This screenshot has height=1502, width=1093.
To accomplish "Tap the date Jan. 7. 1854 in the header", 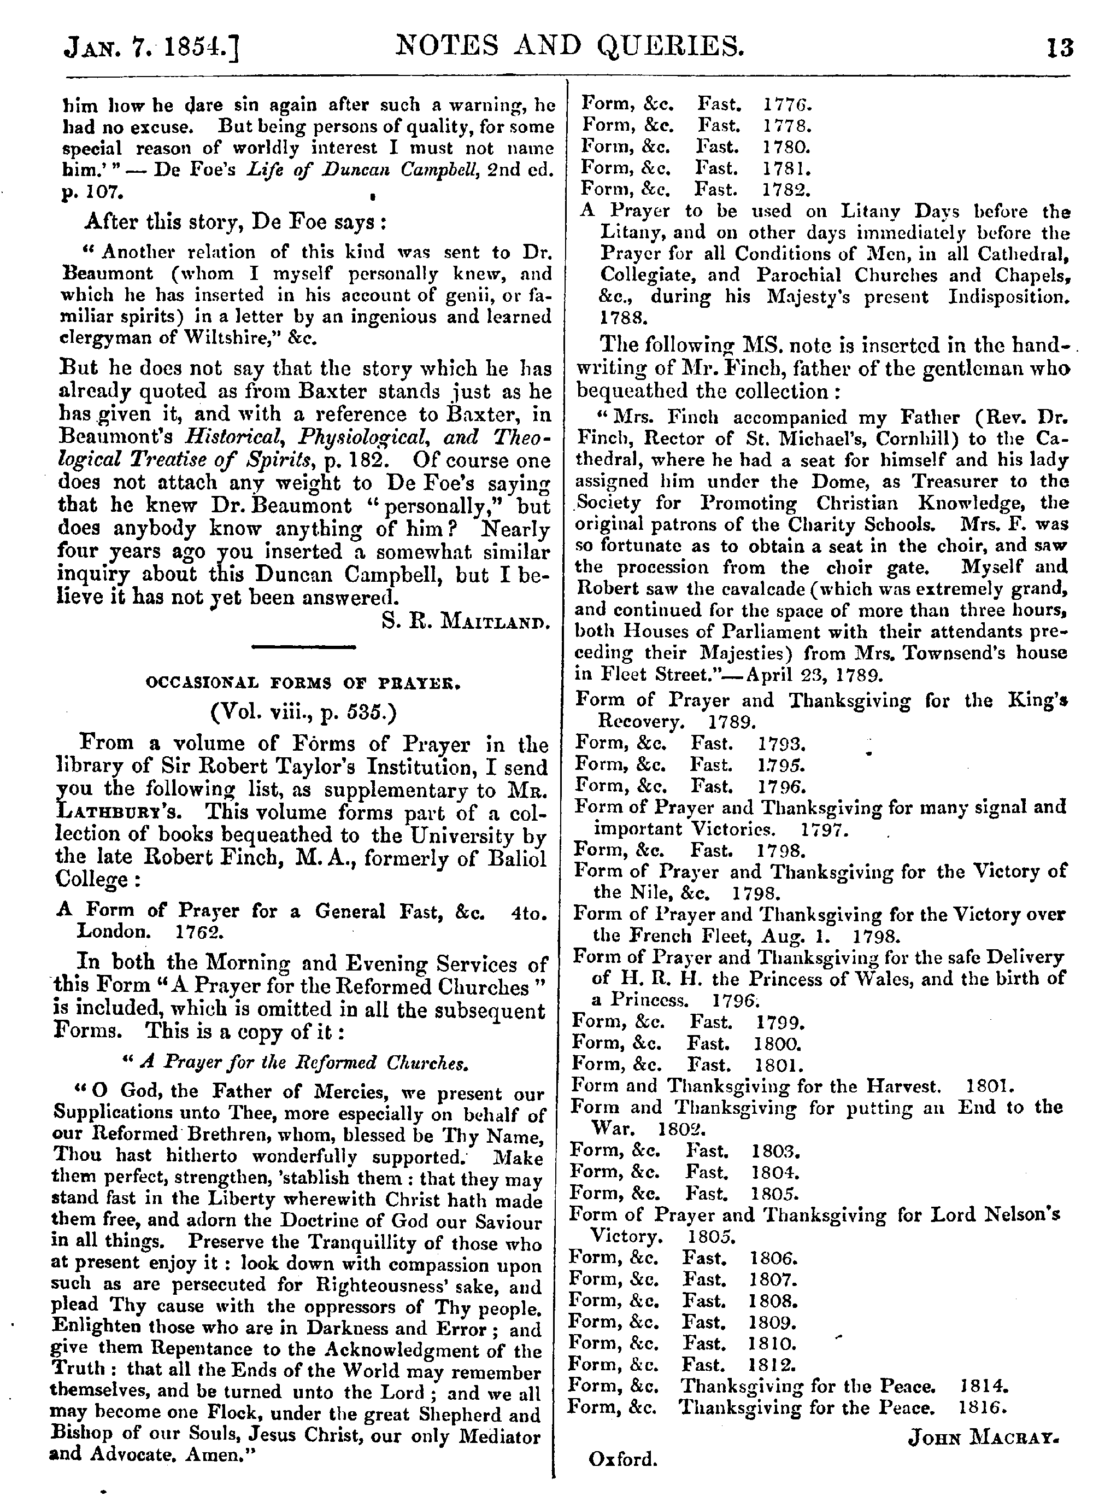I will [x=150, y=50].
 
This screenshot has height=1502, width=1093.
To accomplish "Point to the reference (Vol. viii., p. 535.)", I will [x=303, y=713].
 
